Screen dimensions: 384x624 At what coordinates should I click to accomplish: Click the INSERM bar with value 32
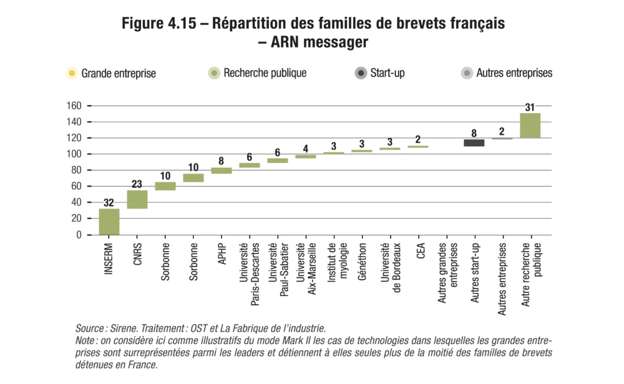[109, 222]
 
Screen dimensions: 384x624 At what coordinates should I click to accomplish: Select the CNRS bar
[137, 199]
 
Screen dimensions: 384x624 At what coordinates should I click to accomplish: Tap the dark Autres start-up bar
[474, 142]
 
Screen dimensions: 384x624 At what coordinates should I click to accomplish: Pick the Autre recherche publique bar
[530, 126]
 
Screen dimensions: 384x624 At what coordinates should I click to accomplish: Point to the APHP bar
[222, 170]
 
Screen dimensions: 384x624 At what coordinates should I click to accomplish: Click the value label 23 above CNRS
[137, 185]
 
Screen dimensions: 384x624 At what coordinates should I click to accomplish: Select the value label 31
[530, 107]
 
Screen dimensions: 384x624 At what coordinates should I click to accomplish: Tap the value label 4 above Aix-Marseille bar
[306, 149]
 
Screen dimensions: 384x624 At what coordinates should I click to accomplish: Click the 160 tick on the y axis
[74, 106]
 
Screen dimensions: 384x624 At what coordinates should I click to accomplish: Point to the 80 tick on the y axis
[77, 170]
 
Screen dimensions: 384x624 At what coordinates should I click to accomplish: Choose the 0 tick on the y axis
[79, 235]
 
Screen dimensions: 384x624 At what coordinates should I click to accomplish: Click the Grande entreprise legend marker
[71, 74]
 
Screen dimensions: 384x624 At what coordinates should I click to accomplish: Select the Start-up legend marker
[360, 74]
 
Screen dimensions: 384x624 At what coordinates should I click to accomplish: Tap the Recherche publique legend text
[265, 73]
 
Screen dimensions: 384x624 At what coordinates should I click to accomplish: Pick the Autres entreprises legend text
[514, 73]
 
